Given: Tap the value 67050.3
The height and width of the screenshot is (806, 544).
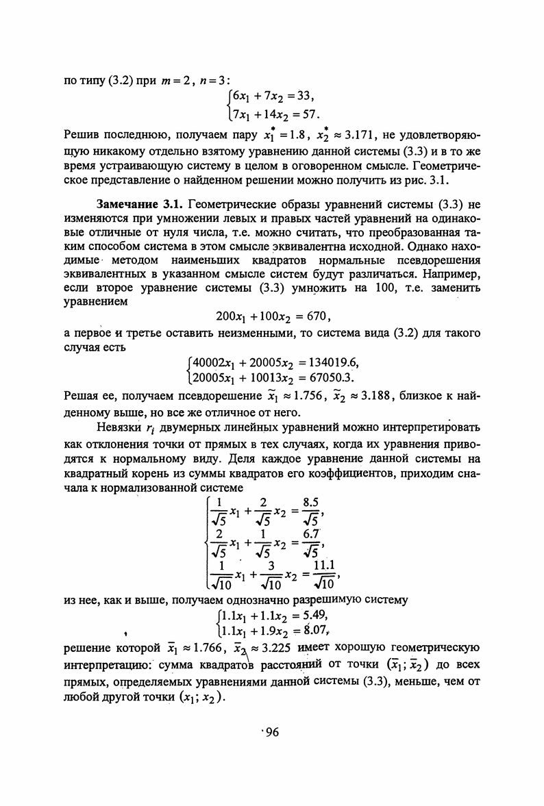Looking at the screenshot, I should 330,377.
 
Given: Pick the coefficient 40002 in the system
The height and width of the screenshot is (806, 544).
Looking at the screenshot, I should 208,362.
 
